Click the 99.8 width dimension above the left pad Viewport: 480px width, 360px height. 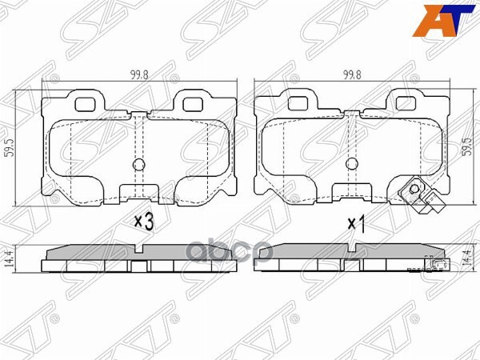tap(139, 75)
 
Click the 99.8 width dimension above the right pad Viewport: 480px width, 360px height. tap(352, 75)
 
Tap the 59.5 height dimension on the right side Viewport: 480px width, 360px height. tap(468, 146)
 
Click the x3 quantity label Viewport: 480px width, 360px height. tap(144, 222)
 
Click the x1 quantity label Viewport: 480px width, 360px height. tap(357, 225)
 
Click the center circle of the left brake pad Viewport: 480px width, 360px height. tap(138, 165)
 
